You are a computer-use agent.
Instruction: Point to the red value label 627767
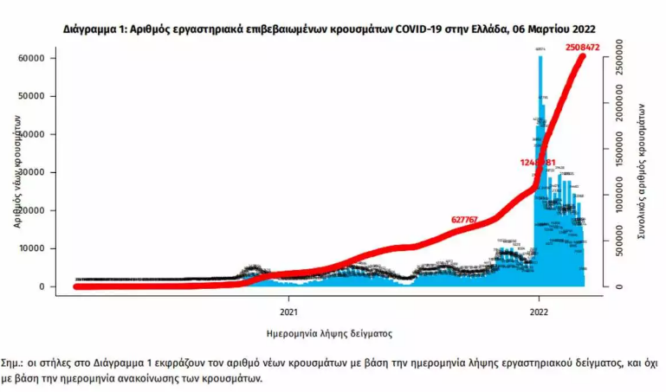(x=471, y=220)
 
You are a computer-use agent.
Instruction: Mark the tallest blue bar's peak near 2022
(x=540, y=57)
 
